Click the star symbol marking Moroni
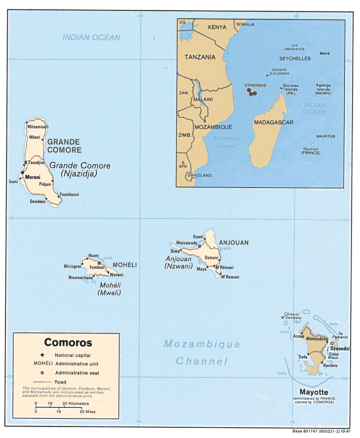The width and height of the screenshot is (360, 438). pos(22,173)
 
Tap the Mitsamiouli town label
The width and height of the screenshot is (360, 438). pos(38,127)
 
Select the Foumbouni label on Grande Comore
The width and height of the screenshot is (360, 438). pos(69,194)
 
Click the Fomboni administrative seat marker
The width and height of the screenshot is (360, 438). pos(99,264)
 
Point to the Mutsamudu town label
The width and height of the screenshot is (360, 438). pos(187,243)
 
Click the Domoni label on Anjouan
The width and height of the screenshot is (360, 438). pos(211,257)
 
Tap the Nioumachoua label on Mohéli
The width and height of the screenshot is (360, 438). pos(80,278)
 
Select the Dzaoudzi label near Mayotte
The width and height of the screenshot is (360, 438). pos(340,349)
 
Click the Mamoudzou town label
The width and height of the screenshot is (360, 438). pos(317,339)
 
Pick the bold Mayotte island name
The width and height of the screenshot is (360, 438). pos(314,392)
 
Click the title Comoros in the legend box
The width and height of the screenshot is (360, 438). pos(68,343)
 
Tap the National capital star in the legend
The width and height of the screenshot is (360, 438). pos(42,355)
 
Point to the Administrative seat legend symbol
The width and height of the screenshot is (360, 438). pos(42,373)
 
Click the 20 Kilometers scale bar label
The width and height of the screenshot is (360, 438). pos(75,403)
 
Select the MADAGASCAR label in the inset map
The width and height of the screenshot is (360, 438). pos(274,122)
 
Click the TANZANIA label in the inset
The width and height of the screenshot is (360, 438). pos(200,57)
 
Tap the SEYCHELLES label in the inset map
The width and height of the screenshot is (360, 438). pos(295,58)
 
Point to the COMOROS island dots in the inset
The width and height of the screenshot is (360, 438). pos(252,93)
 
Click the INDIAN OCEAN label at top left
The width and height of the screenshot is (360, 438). pos(91,37)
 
